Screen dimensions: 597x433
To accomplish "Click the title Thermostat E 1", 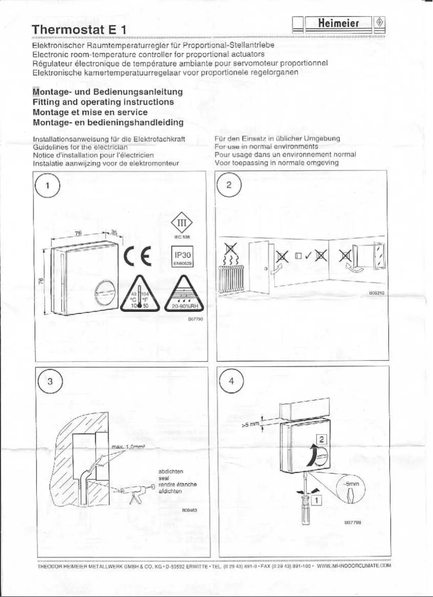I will (x=79, y=29).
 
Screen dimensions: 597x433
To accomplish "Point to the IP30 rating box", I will (x=181, y=256).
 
